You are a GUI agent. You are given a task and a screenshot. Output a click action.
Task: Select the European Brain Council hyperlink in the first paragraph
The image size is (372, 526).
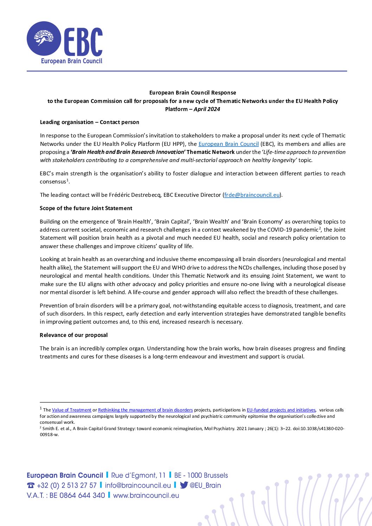(x=229, y=144)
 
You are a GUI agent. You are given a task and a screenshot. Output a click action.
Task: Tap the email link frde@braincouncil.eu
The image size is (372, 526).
(x=252, y=195)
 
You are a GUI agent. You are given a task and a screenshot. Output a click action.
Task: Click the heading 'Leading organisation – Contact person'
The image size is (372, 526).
(x=89, y=122)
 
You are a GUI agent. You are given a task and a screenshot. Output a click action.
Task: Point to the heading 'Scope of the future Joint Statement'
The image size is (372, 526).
(x=86, y=208)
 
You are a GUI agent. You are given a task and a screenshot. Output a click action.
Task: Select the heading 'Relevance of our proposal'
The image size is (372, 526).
(x=73, y=335)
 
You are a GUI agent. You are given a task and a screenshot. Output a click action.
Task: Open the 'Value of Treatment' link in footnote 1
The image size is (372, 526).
(x=72, y=410)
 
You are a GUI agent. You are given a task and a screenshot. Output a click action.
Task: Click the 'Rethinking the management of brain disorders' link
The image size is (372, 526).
(x=145, y=410)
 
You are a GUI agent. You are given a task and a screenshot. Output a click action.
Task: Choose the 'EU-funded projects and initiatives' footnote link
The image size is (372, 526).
(x=281, y=410)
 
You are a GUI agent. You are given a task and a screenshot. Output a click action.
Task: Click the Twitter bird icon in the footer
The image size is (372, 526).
(x=184, y=485)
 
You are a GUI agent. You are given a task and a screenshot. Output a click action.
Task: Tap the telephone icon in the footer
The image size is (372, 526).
(x=31, y=486)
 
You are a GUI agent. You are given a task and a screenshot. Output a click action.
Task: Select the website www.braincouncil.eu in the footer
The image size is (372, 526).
(x=146, y=495)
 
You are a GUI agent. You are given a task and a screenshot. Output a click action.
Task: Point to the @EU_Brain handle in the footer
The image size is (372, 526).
(x=205, y=485)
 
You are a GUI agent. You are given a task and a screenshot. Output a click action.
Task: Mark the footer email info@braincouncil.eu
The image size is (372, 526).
(x=138, y=485)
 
